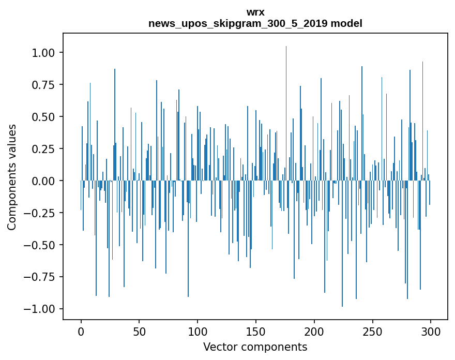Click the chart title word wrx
(x=255, y=12)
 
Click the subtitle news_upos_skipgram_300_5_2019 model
(x=255, y=23)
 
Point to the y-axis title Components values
(x=12, y=177)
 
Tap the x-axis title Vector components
(x=255, y=347)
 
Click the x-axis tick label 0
(x=81, y=331)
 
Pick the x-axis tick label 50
(x=139, y=331)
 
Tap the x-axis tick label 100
(x=198, y=331)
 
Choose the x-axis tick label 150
(x=256, y=331)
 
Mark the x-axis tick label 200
(x=314, y=331)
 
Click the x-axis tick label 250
(x=372, y=331)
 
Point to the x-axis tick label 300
(x=430, y=331)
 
